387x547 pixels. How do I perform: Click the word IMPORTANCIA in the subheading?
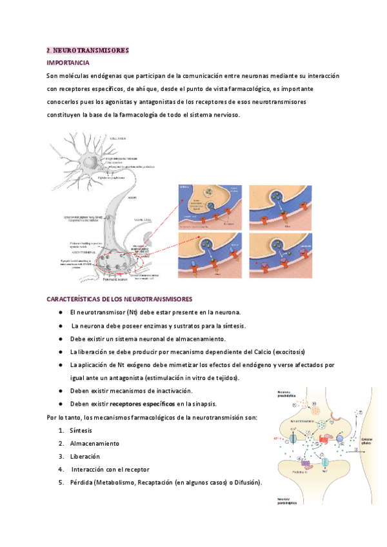68,63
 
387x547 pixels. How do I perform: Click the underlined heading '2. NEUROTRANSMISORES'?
88,50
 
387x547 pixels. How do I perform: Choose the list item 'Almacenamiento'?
95,443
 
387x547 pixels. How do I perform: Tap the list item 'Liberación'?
84,456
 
